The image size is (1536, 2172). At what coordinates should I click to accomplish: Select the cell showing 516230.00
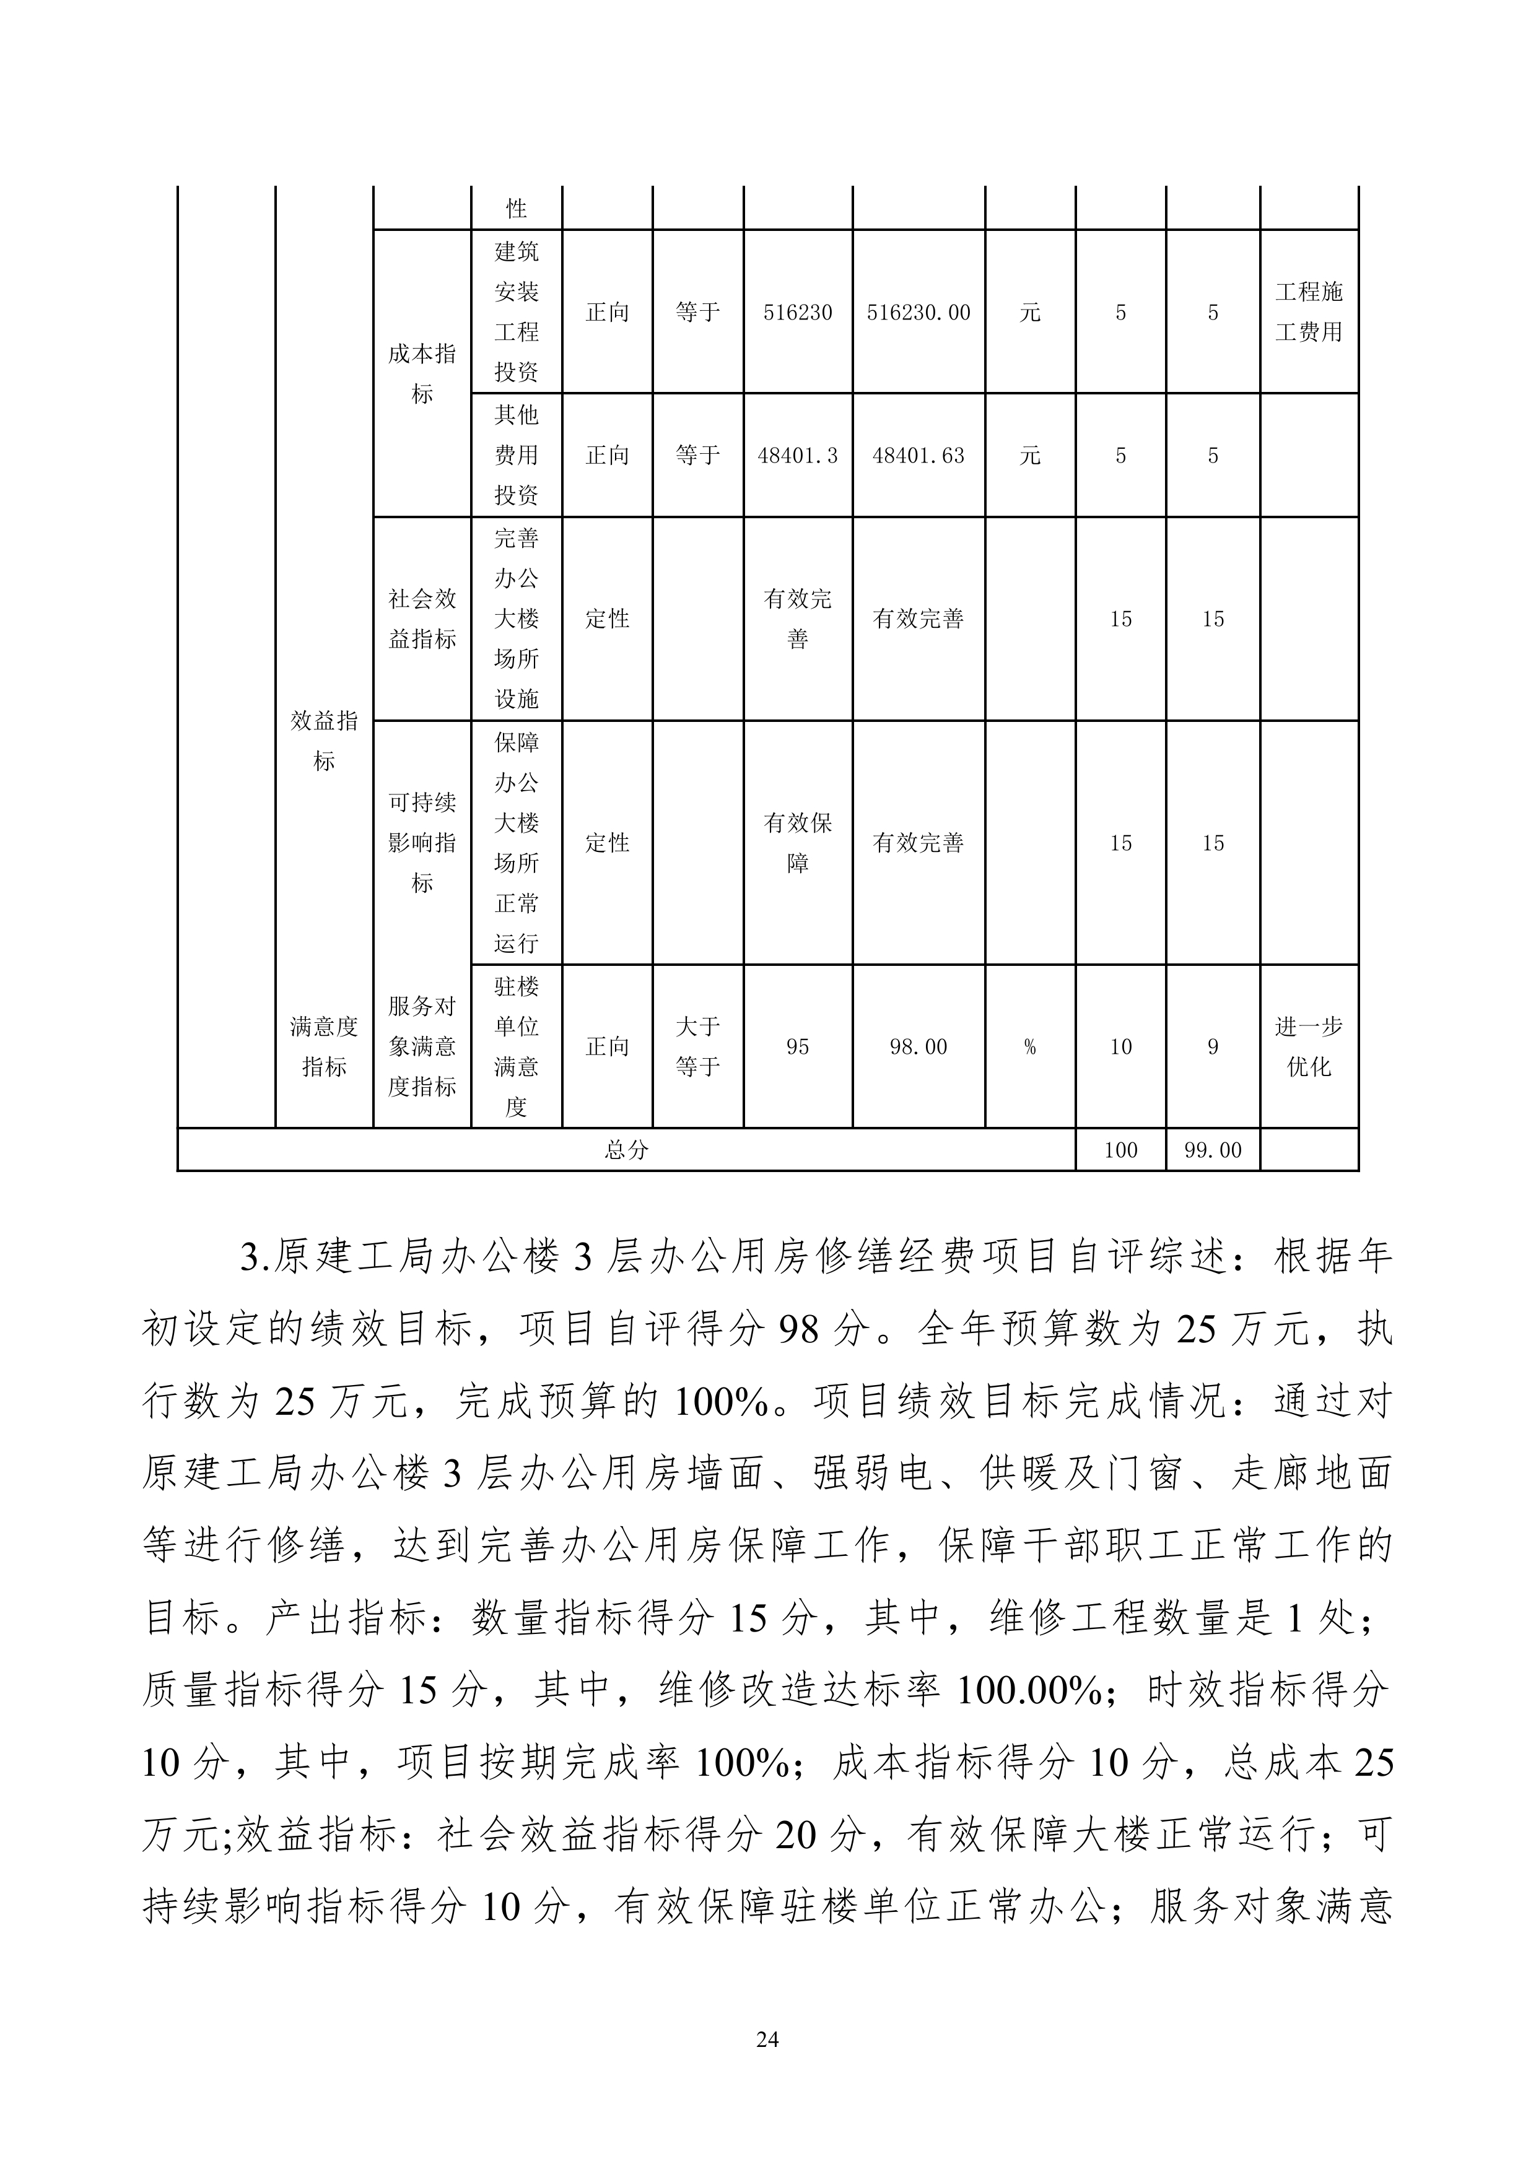[x=918, y=312]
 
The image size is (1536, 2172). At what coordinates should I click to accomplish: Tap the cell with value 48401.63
[x=918, y=456]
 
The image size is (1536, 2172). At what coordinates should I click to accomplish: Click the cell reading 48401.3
[x=797, y=456]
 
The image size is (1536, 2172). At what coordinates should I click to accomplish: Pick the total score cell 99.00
[x=1212, y=1150]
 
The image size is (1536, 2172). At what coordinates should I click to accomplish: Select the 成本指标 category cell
[x=422, y=374]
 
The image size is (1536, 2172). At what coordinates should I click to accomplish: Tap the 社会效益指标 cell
[x=422, y=619]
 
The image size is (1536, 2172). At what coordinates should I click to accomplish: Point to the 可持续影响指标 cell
[x=422, y=842]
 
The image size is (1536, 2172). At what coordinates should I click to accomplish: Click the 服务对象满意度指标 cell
[x=422, y=1046]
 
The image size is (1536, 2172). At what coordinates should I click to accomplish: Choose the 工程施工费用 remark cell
[x=1309, y=312]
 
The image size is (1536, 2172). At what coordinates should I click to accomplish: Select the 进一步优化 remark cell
[x=1309, y=1046]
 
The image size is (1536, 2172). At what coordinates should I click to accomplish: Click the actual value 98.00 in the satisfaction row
[x=918, y=1046]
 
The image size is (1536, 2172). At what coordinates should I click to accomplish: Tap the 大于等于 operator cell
[x=697, y=1046]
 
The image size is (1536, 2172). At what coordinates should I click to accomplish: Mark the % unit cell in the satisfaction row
[x=1030, y=1046]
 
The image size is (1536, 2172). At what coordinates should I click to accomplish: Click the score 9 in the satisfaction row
[x=1212, y=1046]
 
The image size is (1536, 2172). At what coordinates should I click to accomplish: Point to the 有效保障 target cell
[x=797, y=842]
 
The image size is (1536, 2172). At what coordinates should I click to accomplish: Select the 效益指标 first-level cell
[x=324, y=741]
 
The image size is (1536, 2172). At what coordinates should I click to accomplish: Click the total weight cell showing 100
[x=1120, y=1150]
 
